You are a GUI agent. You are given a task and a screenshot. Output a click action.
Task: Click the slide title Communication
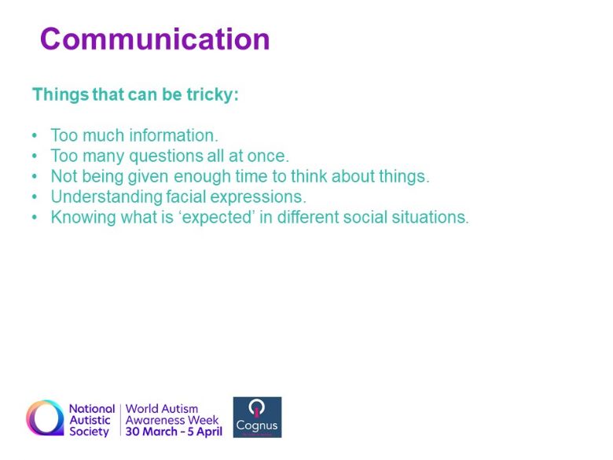click(155, 39)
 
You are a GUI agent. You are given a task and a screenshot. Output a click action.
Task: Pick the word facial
click(185, 197)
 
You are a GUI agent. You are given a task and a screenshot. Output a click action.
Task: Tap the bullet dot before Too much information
click(35, 135)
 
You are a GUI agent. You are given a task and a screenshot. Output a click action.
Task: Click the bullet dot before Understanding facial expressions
click(35, 197)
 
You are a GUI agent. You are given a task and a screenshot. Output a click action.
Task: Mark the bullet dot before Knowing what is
click(35, 217)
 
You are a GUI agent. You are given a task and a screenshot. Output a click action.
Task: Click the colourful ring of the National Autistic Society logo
click(32, 418)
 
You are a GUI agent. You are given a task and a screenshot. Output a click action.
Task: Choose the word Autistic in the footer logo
click(90, 420)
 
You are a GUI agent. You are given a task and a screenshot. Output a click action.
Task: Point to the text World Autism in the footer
click(162, 409)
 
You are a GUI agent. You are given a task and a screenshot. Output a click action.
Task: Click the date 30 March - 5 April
click(174, 432)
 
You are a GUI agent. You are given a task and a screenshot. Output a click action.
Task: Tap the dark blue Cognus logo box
click(257, 418)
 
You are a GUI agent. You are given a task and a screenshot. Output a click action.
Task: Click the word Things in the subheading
click(61, 95)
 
